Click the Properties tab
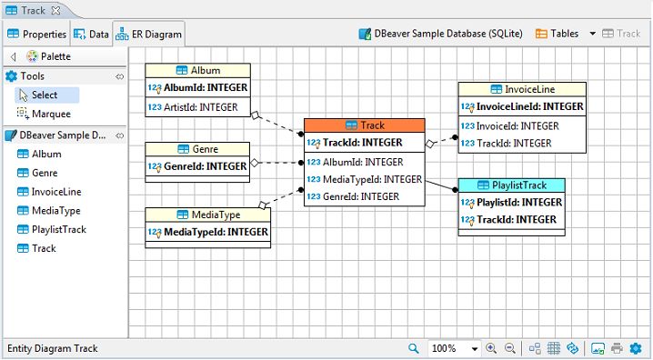37,35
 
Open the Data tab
92,35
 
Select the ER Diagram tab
150,35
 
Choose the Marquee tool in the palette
51,114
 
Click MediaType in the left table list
55,210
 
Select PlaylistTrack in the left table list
58,229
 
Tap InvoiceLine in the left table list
56,192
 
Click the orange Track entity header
365,125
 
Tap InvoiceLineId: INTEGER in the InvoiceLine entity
522,106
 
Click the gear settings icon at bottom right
635,348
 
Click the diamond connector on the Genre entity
255,164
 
